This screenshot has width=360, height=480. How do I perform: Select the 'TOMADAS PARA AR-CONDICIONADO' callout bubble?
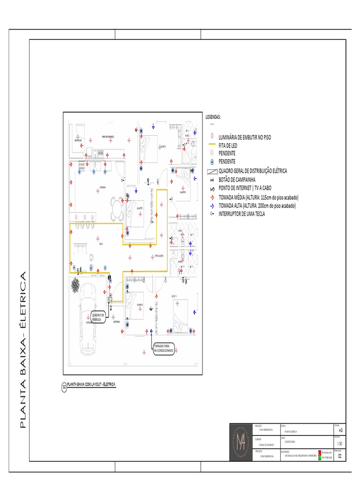164,348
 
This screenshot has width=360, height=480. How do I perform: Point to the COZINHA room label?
102,187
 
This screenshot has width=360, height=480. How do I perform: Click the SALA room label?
100,244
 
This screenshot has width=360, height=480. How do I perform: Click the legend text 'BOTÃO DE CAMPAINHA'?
237,180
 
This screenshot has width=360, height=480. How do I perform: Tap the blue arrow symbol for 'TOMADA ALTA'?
212,206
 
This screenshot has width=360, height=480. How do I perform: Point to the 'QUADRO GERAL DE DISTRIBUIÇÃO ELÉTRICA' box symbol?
212,171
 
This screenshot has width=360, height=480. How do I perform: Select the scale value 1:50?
340,443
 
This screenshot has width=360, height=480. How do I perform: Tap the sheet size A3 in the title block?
340,429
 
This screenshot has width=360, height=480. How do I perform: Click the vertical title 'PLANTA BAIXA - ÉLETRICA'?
22,349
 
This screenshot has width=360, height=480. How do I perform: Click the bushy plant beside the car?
75,285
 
